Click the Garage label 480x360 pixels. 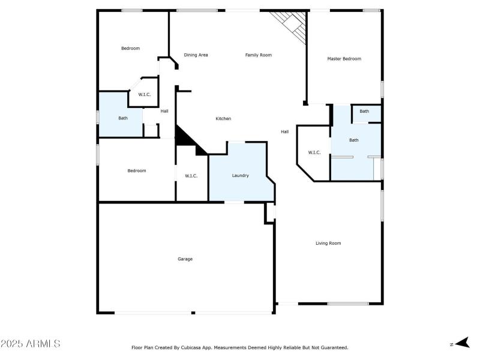pyautogui.click(x=185, y=259)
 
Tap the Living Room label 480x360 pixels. pyautogui.click(x=328, y=243)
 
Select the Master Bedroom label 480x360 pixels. pyautogui.click(x=344, y=59)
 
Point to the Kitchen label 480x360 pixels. pyautogui.click(x=223, y=119)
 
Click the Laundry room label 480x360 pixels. pyautogui.click(x=240, y=176)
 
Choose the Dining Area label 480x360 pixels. pyautogui.click(x=196, y=55)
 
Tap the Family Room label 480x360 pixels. pyautogui.click(x=258, y=55)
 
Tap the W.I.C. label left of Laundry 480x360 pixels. pyautogui.click(x=191, y=176)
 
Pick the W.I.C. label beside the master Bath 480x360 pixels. pyautogui.click(x=314, y=152)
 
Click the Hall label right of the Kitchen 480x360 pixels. pyautogui.click(x=285, y=131)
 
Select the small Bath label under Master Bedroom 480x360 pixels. pyautogui.click(x=364, y=112)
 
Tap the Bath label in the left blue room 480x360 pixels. pyautogui.click(x=122, y=118)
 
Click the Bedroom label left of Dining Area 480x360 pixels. pyautogui.click(x=130, y=49)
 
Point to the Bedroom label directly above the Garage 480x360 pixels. pyautogui.click(x=136, y=171)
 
